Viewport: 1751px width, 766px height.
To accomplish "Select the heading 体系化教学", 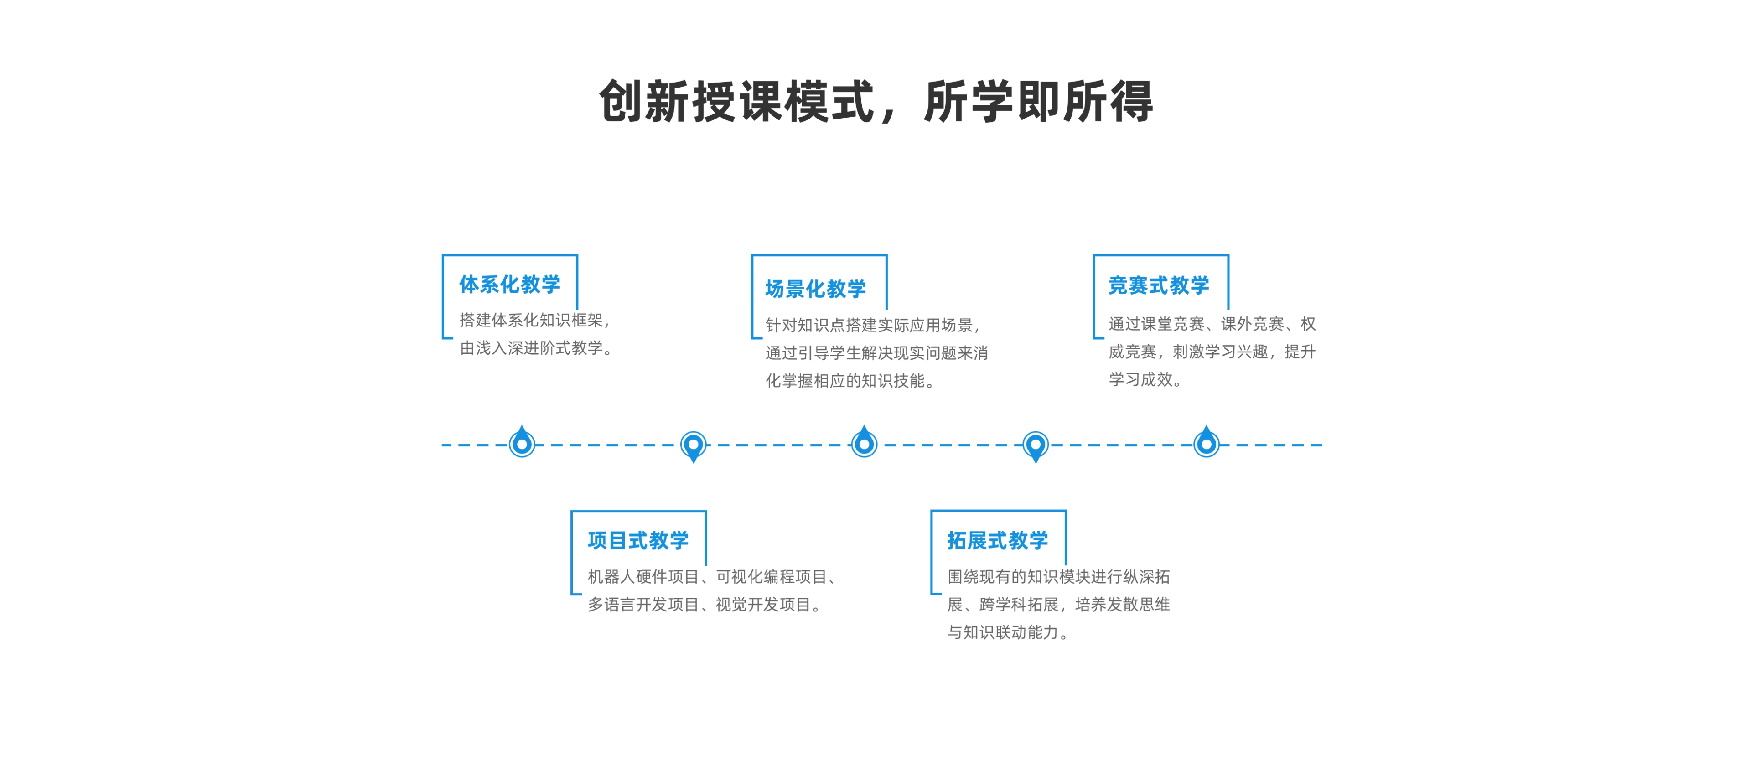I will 510,284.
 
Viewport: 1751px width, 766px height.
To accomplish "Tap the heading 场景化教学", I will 816,289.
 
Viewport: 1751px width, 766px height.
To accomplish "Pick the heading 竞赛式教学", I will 1159,285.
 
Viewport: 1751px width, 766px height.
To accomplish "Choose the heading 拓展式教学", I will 998,540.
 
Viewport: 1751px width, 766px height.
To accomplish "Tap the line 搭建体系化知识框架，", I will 535,320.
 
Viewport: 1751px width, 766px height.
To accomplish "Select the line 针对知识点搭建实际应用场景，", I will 873,326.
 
